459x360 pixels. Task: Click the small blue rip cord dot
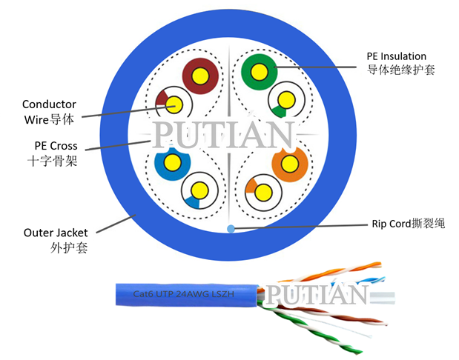(x=231, y=228)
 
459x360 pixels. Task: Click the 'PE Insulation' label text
(x=397, y=56)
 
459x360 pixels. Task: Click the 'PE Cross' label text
(x=56, y=145)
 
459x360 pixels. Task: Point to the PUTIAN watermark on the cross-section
(x=224, y=135)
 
